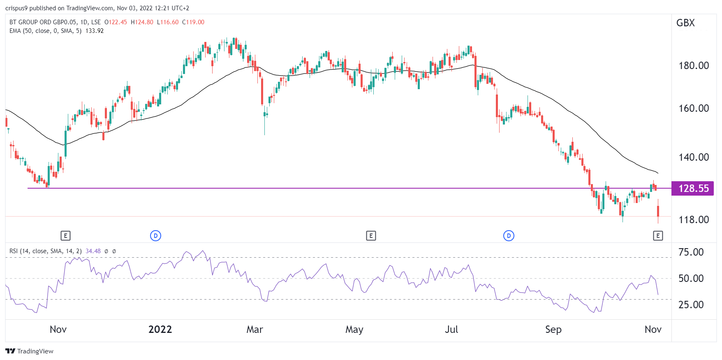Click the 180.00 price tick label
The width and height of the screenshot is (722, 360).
pos(693,66)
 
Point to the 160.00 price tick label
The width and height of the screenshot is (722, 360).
pos(693,108)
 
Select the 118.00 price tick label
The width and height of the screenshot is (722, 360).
pos(693,220)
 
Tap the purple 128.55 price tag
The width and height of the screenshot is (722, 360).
pos(693,189)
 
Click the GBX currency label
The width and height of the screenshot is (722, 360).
pos(685,23)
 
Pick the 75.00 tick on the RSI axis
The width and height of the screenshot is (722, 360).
pos(691,252)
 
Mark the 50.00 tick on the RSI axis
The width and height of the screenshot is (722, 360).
pos(691,279)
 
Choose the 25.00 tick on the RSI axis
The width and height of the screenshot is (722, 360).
pos(691,305)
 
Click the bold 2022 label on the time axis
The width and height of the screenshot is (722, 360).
pos(160,330)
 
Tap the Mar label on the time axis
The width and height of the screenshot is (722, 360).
pos(255,330)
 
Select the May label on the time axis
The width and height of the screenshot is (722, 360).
pos(354,330)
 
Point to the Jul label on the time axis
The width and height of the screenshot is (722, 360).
pos(451,330)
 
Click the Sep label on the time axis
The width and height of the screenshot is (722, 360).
pos(553,330)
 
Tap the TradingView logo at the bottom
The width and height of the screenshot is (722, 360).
pos(30,351)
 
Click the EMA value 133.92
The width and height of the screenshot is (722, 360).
pos(95,31)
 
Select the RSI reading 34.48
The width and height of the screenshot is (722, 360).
pos(93,251)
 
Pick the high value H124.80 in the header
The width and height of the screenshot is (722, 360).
pos(142,22)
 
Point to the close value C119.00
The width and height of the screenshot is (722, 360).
pos(193,22)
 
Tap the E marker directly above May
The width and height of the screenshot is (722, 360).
pos(371,236)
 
